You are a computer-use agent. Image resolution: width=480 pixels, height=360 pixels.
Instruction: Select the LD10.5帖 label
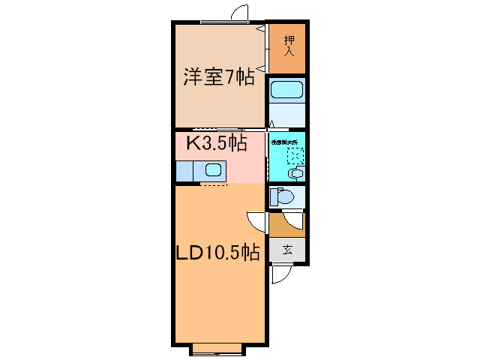tap(218, 253)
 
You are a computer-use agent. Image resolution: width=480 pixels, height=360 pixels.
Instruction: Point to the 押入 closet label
tap(287, 47)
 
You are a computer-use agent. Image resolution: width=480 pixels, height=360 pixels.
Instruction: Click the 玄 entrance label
tap(287, 250)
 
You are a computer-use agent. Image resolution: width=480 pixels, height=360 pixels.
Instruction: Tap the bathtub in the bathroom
tap(286, 91)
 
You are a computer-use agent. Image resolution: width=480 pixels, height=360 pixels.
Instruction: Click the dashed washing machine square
tap(295, 156)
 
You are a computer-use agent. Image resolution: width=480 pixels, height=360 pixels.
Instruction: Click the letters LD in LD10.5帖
tap(188, 253)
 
